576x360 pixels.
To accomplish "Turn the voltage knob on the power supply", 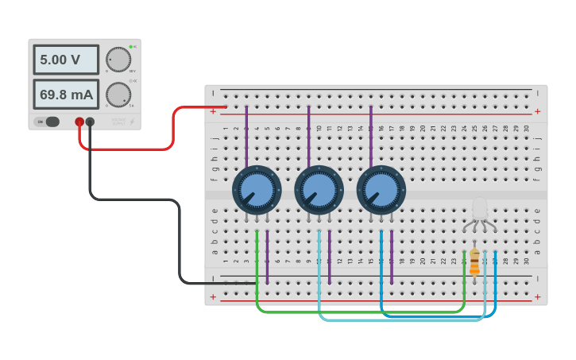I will (x=118, y=60).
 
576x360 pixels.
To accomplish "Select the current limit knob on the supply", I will (x=118, y=95).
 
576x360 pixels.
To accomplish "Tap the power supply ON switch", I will (x=48, y=122).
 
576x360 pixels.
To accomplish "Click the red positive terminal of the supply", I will (x=79, y=122).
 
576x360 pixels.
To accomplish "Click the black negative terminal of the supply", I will (x=90, y=122).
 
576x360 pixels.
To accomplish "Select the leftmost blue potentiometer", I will (x=257, y=190).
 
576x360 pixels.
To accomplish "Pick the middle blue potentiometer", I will (x=319, y=190).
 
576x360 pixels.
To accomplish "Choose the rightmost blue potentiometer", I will (x=381, y=190).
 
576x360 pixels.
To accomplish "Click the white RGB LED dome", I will (x=480, y=209).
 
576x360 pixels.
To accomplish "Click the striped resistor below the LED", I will (x=474, y=261).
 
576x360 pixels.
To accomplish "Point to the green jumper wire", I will (x=358, y=312).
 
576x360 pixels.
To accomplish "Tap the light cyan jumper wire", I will (x=397, y=320).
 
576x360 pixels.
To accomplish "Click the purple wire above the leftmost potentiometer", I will (x=246, y=135).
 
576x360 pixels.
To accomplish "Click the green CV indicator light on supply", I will (x=130, y=47).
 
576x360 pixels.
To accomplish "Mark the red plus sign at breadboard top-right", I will (x=537, y=111).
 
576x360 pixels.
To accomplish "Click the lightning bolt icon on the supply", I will (x=132, y=122).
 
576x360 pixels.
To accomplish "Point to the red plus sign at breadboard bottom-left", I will (x=213, y=296).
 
